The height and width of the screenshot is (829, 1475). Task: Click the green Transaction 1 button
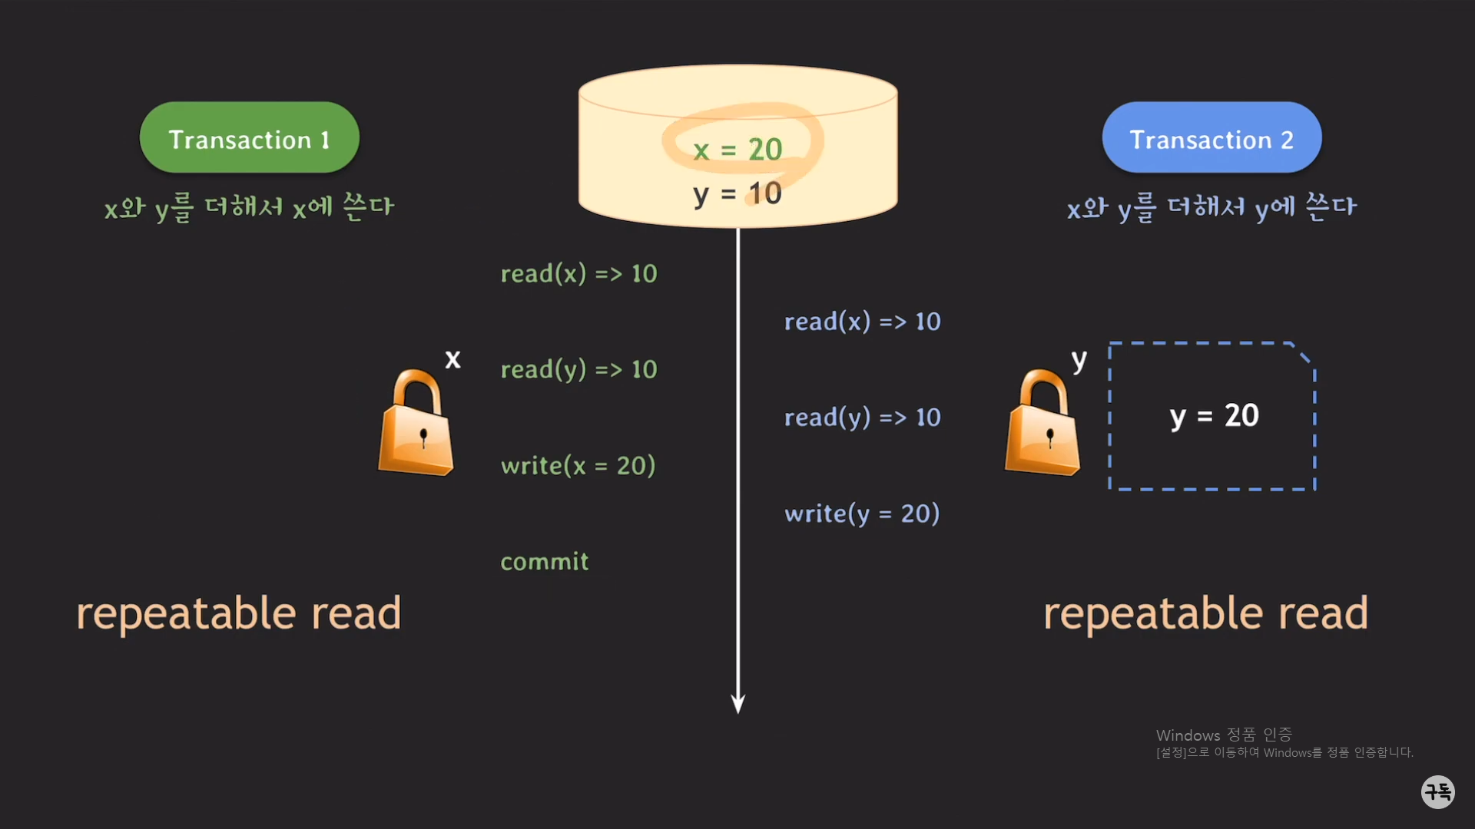pyautogui.click(x=249, y=138)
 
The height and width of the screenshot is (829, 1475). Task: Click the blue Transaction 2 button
pyautogui.click(x=1211, y=138)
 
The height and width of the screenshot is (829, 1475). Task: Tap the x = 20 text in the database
pyautogui.click(x=737, y=150)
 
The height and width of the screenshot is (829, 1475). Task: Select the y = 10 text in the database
pyautogui.click(x=737, y=193)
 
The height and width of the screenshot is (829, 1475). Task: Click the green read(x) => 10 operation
pyautogui.click(x=578, y=274)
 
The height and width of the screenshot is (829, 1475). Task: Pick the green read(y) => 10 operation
pyautogui.click(x=578, y=370)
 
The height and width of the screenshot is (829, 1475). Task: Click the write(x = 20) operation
pyautogui.click(x=578, y=466)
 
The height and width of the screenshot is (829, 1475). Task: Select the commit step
pyautogui.click(x=545, y=562)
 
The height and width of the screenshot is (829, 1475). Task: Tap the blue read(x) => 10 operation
pyautogui.click(x=862, y=322)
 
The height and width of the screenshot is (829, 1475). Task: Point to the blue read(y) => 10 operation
pyautogui.click(x=862, y=418)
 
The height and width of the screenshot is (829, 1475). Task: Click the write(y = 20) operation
pyautogui.click(x=862, y=514)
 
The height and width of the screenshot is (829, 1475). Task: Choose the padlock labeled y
pyautogui.click(x=1042, y=424)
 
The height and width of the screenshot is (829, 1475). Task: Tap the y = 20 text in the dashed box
pyautogui.click(x=1214, y=416)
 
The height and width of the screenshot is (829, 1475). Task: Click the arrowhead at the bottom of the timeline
pyautogui.click(x=738, y=704)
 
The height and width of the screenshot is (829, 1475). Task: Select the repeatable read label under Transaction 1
pyautogui.click(x=239, y=613)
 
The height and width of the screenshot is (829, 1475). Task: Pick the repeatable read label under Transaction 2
pyautogui.click(x=1205, y=613)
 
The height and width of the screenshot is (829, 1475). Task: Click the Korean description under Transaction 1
pyautogui.click(x=249, y=207)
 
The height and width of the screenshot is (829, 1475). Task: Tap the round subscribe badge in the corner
pyautogui.click(x=1437, y=791)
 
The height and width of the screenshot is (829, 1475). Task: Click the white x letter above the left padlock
pyautogui.click(x=453, y=359)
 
